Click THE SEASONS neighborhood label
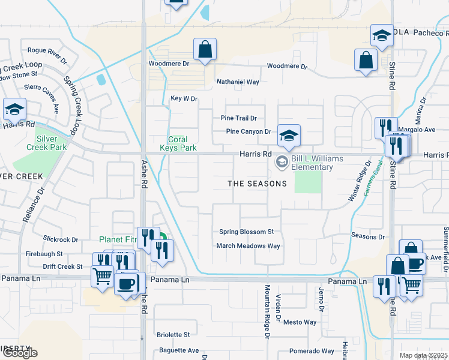(257, 184)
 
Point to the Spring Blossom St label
(246, 232)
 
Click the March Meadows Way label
(248, 246)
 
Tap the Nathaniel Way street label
(238, 82)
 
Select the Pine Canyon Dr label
(249, 131)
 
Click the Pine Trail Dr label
(238, 118)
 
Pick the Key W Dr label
(184, 98)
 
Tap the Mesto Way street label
(300, 322)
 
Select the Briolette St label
(173, 335)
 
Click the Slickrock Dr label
(61, 239)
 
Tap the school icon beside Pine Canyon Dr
(289, 136)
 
